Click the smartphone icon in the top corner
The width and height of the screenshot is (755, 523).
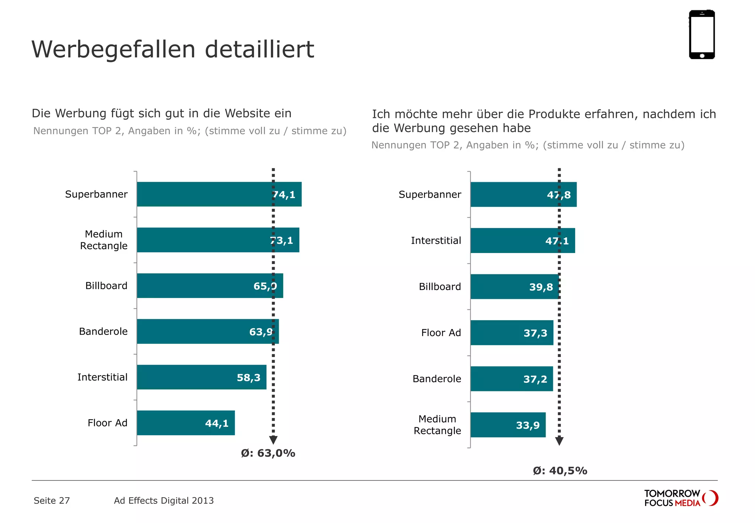coord(702,34)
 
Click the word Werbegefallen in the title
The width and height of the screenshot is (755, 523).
coord(114,49)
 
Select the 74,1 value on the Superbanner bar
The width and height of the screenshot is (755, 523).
coord(284,195)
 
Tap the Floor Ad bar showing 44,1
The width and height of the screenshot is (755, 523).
coord(186,423)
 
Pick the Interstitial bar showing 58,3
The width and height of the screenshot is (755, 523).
coord(201,377)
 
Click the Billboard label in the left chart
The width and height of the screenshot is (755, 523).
coord(106,286)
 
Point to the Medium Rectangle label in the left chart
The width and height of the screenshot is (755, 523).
coord(104,240)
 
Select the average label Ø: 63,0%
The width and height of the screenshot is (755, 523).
coord(268,453)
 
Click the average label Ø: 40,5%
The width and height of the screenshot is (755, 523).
coord(560,471)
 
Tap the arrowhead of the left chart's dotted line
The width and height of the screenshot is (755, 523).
coord(273,440)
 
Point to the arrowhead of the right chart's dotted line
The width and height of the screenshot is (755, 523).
coord(559,441)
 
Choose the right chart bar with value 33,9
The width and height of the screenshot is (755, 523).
coord(508,425)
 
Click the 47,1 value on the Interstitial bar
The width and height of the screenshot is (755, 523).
coord(557,241)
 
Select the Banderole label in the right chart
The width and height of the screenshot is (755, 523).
coord(436,379)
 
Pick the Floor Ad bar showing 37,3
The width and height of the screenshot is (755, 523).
coord(512,333)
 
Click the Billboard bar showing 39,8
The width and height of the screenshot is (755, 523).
coord(514,287)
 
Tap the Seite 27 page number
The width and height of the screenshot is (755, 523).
coord(52,501)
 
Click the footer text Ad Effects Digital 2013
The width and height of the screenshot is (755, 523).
coord(164,501)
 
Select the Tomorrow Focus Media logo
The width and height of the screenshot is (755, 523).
coord(681,498)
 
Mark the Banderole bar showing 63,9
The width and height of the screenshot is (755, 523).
coord(208,331)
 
